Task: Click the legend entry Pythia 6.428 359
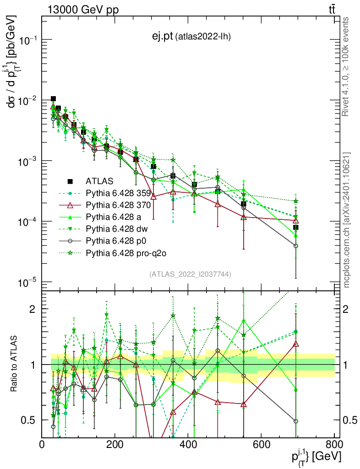[x=118, y=193]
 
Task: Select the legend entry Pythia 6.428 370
[x=118, y=205]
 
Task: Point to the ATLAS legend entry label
[x=100, y=181]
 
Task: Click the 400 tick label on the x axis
[x=188, y=444]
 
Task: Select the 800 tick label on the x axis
[x=334, y=444]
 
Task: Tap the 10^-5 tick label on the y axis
[x=27, y=282]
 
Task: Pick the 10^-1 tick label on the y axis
[x=27, y=40]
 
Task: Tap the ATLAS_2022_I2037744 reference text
[x=190, y=274]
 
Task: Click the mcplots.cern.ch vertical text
[x=347, y=220]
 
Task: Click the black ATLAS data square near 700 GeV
[x=296, y=227]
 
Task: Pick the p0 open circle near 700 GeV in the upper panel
[x=296, y=246]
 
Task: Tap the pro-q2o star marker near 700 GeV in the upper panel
[x=296, y=201]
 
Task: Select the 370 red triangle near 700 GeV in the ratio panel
[x=296, y=344]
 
